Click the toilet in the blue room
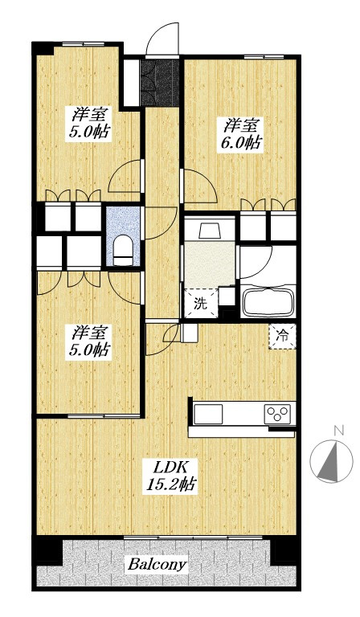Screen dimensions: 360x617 [x=124, y=251]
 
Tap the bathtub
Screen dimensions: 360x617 [x=268, y=302]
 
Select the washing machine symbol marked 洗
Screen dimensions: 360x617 [x=201, y=303]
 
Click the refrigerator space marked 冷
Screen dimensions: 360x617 [x=282, y=336]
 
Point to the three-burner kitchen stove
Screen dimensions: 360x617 [x=277, y=414]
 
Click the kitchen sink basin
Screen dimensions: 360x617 [x=208, y=414]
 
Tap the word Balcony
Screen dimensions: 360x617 [x=156, y=565]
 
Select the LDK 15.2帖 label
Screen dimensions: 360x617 [x=171, y=476]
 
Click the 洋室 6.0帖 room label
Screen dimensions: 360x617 [x=241, y=134]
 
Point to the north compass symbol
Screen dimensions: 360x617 [x=331, y=461]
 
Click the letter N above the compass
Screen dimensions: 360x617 [x=338, y=430]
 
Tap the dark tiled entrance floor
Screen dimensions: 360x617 [x=160, y=82]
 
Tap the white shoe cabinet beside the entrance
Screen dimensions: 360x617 [x=132, y=82]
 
